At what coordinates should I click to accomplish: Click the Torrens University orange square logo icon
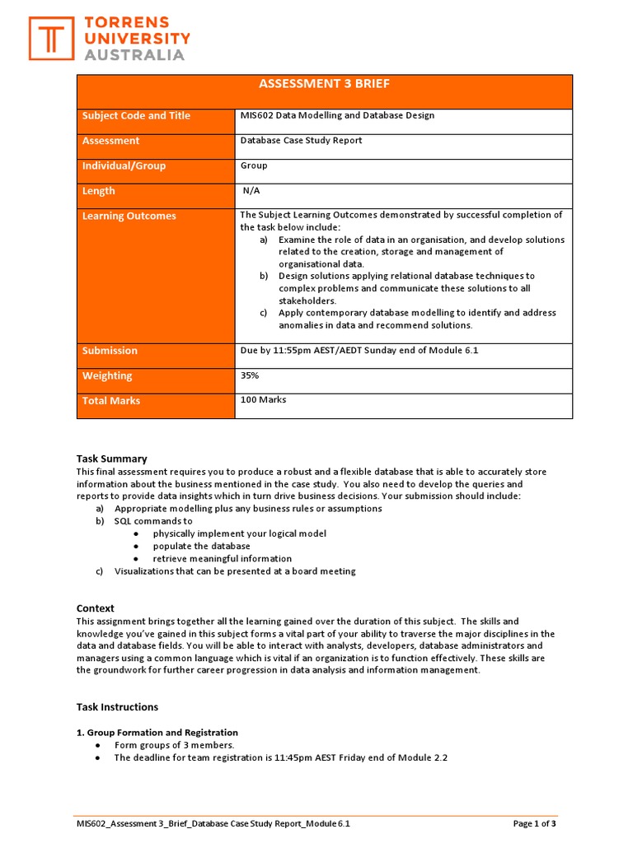pyautogui.click(x=52, y=38)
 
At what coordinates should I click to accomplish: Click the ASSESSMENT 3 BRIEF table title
pyautogui.click(x=324, y=84)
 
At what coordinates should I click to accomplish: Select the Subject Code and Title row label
pyautogui.click(x=136, y=116)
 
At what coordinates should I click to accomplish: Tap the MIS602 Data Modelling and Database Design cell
pyautogui.click(x=337, y=116)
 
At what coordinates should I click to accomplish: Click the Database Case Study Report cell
pyautogui.click(x=301, y=141)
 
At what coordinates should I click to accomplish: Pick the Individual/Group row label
pyautogui.click(x=124, y=166)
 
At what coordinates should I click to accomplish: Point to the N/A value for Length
pyautogui.click(x=251, y=191)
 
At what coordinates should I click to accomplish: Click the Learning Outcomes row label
pyautogui.click(x=129, y=217)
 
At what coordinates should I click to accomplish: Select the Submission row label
pyautogui.click(x=110, y=351)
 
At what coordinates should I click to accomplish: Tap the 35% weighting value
pyautogui.click(x=250, y=375)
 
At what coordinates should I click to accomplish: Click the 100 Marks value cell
pyautogui.click(x=263, y=400)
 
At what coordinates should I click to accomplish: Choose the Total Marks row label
pyautogui.click(x=111, y=401)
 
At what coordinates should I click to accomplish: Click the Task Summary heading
pyautogui.click(x=111, y=459)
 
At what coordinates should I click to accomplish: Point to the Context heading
pyautogui.click(x=95, y=608)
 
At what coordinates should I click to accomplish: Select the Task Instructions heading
pyautogui.click(x=117, y=707)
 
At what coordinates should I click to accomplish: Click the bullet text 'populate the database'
pyautogui.click(x=201, y=547)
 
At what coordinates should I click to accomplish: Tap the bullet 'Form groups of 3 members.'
pyautogui.click(x=174, y=745)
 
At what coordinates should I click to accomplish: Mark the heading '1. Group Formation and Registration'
pyautogui.click(x=157, y=733)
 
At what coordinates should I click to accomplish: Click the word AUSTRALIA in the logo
pyautogui.click(x=135, y=55)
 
